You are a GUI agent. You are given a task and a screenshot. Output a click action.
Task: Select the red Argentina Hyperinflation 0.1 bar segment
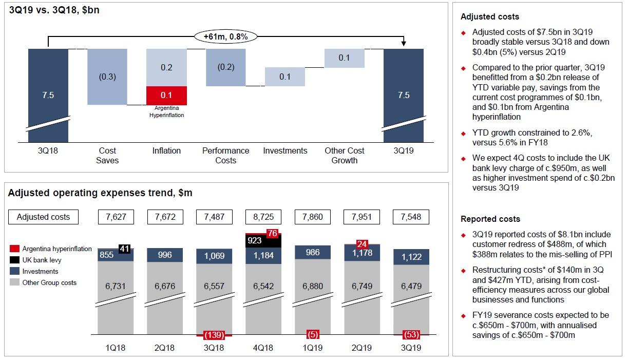(166, 96)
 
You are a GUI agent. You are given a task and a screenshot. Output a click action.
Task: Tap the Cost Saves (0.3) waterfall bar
(107, 77)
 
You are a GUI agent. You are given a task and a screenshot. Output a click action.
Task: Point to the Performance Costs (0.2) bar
(225, 67)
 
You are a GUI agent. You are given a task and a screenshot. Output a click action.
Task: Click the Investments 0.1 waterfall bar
(285, 77)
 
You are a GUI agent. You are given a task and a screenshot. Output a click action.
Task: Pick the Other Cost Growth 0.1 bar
(344, 58)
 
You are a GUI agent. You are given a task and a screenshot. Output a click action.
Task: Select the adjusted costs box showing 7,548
(411, 217)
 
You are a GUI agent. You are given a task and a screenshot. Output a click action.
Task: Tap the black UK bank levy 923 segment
(255, 240)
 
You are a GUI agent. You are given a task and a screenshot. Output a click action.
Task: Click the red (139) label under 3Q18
(214, 335)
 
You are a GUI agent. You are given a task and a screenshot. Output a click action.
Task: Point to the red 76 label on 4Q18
(272, 234)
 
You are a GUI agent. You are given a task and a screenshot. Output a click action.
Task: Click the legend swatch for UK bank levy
(14, 260)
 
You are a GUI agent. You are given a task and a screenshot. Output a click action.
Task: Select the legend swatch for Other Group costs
(14, 282)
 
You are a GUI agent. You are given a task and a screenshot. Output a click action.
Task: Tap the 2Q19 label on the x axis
(362, 348)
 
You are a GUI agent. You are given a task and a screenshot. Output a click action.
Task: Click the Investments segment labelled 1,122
(411, 257)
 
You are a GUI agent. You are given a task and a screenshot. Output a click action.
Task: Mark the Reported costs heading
(490, 219)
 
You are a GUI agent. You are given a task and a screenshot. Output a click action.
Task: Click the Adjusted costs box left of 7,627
(44, 217)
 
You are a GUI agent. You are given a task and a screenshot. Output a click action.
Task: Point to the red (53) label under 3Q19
(411, 335)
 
